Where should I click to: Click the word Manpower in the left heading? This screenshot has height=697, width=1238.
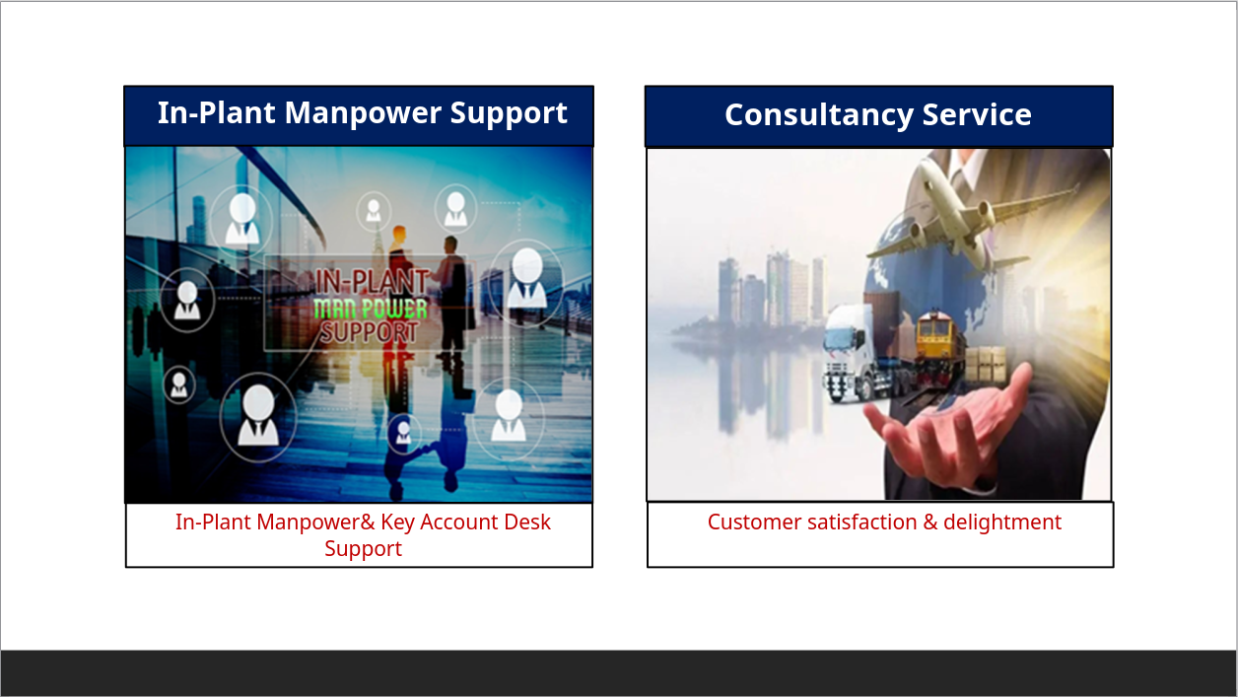pyautogui.click(x=362, y=112)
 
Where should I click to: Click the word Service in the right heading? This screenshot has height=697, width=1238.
pyautogui.click(x=977, y=115)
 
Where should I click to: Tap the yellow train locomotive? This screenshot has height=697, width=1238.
pyautogui.click(x=938, y=348)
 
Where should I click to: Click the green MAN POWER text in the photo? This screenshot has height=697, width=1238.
pyautogui.click(x=371, y=309)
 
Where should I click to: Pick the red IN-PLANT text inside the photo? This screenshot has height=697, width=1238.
pyautogui.click(x=372, y=281)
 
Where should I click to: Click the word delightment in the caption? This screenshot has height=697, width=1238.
pyautogui.click(x=1002, y=523)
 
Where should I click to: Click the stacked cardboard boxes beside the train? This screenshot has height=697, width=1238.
pyautogui.click(x=986, y=364)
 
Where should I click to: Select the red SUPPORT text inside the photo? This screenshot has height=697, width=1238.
pyautogui.click(x=370, y=333)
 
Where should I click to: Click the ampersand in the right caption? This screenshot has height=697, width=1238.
pyautogui.click(x=930, y=523)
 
